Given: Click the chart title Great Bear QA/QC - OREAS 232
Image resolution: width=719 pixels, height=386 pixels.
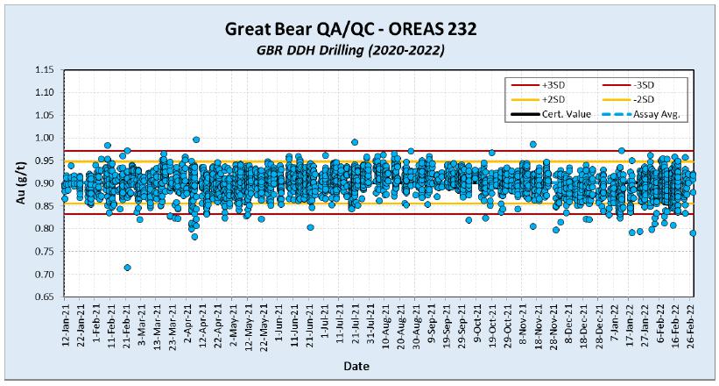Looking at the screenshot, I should click(x=359, y=30).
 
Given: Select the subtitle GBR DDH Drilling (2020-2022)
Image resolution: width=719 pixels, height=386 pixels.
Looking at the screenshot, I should click(x=359, y=52).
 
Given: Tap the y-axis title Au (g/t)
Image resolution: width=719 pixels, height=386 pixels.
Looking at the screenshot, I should click(x=22, y=182).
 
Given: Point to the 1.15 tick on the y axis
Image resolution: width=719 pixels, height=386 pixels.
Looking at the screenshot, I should click(x=46, y=69).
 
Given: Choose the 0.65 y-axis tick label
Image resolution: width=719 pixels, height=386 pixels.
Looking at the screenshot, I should click(x=46, y=297).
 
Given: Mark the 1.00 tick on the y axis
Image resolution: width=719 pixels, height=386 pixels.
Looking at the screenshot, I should click(x=46, y=138).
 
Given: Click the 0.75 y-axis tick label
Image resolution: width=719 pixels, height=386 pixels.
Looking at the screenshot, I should click(x=46, y=251).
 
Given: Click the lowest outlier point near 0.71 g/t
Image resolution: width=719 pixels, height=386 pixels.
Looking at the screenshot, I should click(x=128, y=267).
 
